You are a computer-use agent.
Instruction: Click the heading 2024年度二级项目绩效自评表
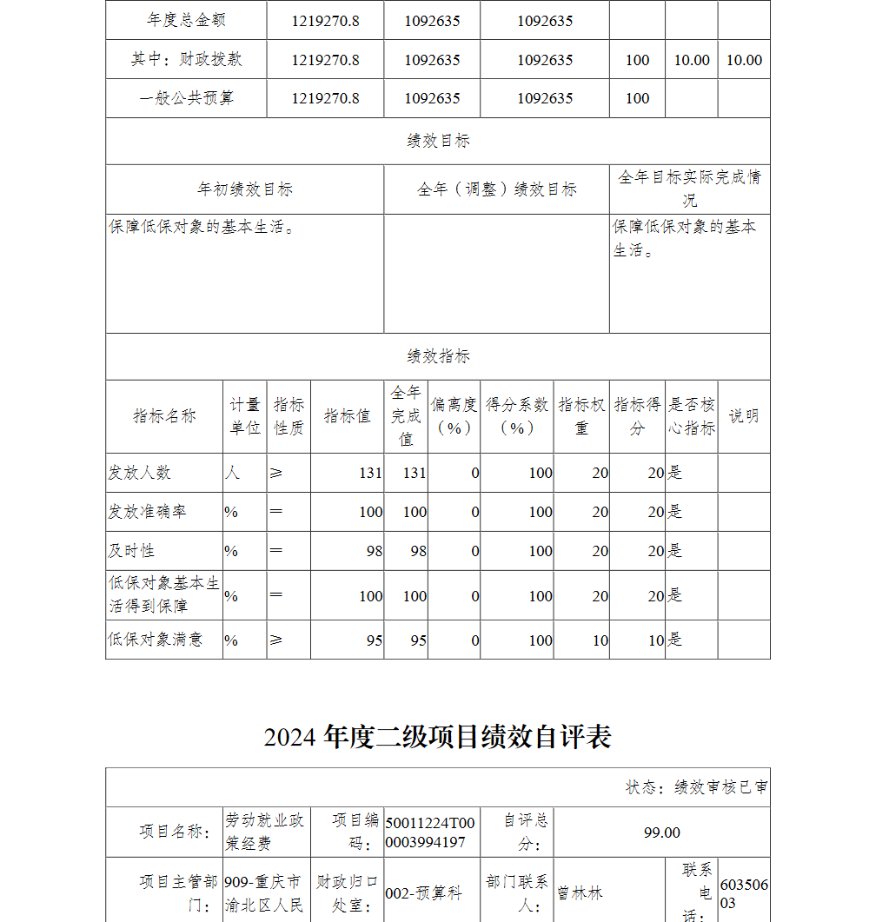click(438, 737)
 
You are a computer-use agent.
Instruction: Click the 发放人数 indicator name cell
click(139, 473)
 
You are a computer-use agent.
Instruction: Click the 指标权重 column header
click(581, 416)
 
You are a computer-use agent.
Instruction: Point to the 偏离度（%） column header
click(454, 416)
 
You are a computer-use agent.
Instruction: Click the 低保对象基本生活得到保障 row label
click(163, 594)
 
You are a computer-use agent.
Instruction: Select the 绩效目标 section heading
click(438, 141)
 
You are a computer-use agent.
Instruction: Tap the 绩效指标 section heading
click(438, 356)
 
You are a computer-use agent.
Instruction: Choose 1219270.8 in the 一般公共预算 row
click(325, 98)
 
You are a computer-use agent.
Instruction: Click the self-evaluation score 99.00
click(662, 832)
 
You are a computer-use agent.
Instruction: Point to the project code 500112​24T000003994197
click(431, 832)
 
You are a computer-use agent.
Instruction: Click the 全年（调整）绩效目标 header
click(496, 189)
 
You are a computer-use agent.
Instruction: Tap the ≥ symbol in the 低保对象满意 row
click(275, 640)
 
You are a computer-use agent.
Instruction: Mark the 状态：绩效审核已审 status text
click(696, 787)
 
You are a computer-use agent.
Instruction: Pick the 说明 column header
click(743, 416)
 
